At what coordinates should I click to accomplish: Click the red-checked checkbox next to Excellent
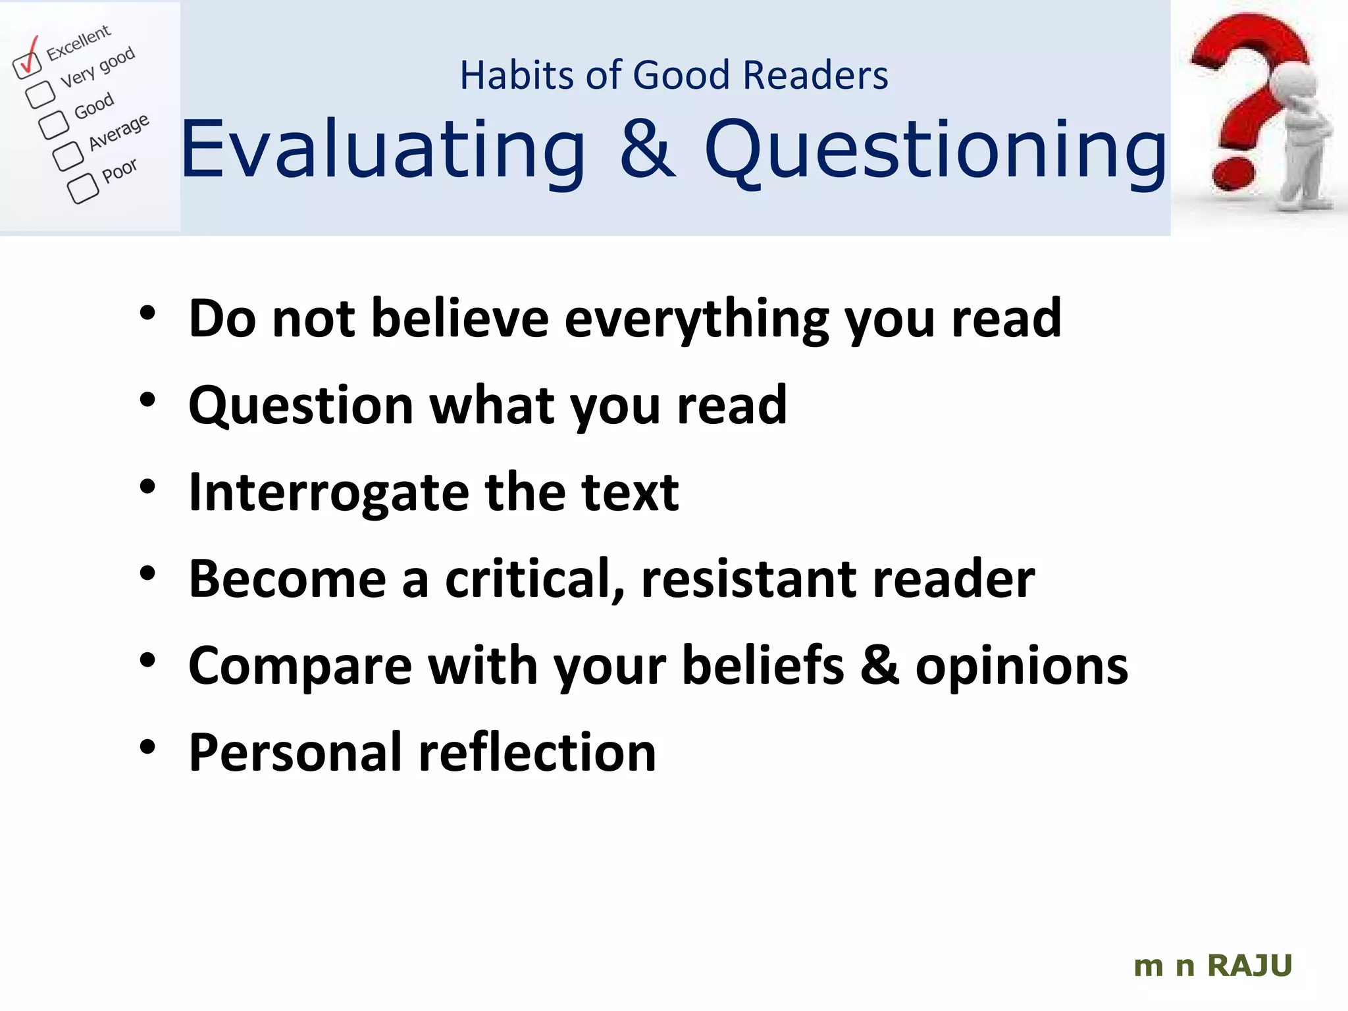pos(27,64)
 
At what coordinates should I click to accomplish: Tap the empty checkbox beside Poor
pos(83,188)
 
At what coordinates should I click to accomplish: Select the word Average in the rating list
pos(119,132)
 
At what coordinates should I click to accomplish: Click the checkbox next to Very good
pos(41,93)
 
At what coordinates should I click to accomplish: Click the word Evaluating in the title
pos(382,150)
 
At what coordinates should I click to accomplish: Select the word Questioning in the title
pos(935,150)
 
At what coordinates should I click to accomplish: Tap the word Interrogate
pos(328,493)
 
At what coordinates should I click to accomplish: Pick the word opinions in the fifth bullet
pos(1022,666)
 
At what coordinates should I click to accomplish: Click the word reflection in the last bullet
pos(537,752)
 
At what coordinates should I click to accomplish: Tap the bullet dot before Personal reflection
pos(147,747)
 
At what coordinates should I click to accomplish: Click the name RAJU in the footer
pos(1249,966)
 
